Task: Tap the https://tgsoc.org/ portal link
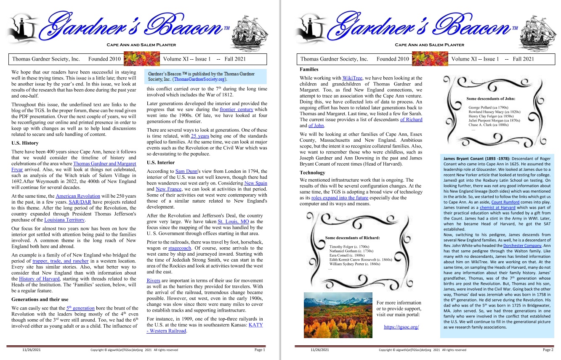point(401,327)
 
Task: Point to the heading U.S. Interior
point(161,162)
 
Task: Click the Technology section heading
point(312,172)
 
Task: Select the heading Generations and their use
point(40,299)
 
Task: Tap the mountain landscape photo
point(338,315)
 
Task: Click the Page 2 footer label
point(548,350)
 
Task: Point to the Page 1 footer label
point(260,350)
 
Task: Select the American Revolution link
point(78,196)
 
